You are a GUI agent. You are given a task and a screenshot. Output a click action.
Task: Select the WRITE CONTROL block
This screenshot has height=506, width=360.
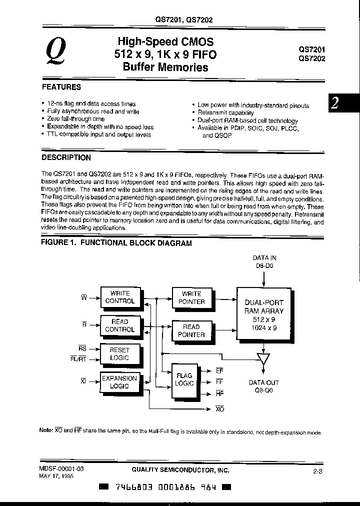(120, 297)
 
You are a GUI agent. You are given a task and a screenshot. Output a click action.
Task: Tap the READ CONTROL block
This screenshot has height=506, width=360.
(120, 325)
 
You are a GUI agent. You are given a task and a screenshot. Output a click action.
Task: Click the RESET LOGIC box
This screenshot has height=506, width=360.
(120, 354)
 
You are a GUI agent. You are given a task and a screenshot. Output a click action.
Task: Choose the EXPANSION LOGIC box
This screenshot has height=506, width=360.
(120, 382)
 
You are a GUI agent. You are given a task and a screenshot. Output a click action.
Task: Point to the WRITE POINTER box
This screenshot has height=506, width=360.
(191, 298)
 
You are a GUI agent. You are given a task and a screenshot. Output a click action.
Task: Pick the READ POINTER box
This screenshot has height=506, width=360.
(191, 330)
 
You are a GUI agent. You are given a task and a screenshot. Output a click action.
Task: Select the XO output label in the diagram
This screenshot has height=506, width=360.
(219, 409)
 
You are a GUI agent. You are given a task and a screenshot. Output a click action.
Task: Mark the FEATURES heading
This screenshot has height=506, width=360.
(61, 87)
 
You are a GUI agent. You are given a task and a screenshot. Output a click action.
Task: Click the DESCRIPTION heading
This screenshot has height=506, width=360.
(66, 157)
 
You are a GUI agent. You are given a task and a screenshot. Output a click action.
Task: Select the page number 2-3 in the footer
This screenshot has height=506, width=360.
(316, 471)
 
